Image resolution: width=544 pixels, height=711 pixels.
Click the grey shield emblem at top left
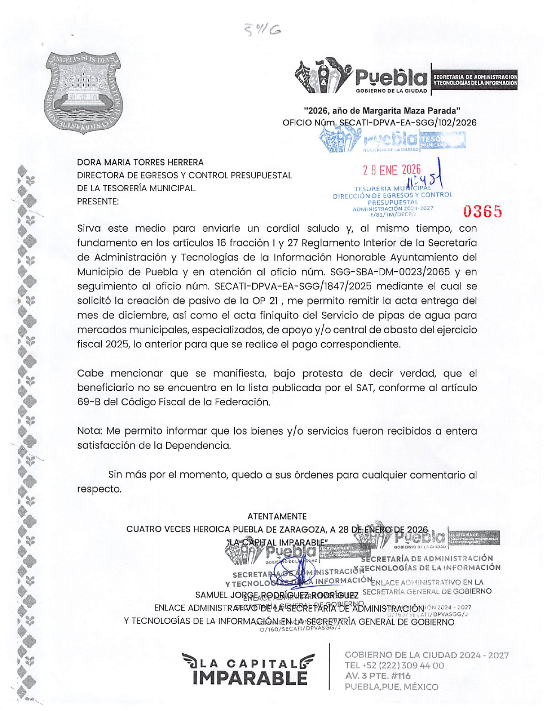click(84, 92)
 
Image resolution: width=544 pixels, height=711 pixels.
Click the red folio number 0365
click(483, 211)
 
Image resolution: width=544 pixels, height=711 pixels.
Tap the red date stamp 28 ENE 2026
click(391, 170)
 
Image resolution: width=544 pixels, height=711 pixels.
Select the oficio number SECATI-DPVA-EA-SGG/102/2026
click(408, 123)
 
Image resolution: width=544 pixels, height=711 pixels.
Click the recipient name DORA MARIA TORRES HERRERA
click(140, 162)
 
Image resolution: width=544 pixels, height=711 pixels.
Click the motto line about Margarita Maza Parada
click(382, 110)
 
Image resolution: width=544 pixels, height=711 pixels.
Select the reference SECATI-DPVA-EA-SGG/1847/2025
click(293, 286)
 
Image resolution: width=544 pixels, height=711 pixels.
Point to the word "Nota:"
click(90, 431)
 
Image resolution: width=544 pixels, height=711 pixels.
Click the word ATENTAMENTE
click(277, 516)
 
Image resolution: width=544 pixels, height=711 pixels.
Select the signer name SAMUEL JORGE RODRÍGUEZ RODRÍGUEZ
click(277, 595)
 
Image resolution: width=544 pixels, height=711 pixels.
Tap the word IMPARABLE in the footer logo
click(250, 678)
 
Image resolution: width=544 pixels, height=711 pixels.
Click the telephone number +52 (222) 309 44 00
click(394, 665)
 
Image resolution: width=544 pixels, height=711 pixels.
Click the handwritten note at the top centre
click(263, 29)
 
